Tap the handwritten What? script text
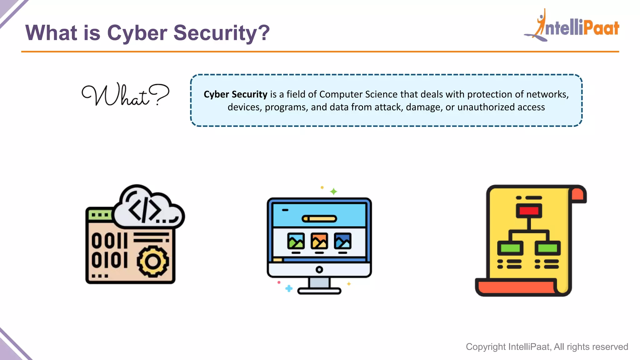[125, 95]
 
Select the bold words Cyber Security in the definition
[235, 94]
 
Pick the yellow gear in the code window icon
[153, 261]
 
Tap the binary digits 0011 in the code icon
[109, 241]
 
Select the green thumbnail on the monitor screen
[296, 241]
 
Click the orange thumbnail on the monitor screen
[319, 241]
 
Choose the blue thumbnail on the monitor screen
[342, 241]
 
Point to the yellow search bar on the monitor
[319, 219]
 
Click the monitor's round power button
[319, 269]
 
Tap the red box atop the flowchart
[529, 211]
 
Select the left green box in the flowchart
[510, 248]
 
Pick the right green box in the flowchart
[547, 248]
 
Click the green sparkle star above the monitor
[333, 191]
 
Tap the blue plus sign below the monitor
[289, 288]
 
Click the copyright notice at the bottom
[547, 347]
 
